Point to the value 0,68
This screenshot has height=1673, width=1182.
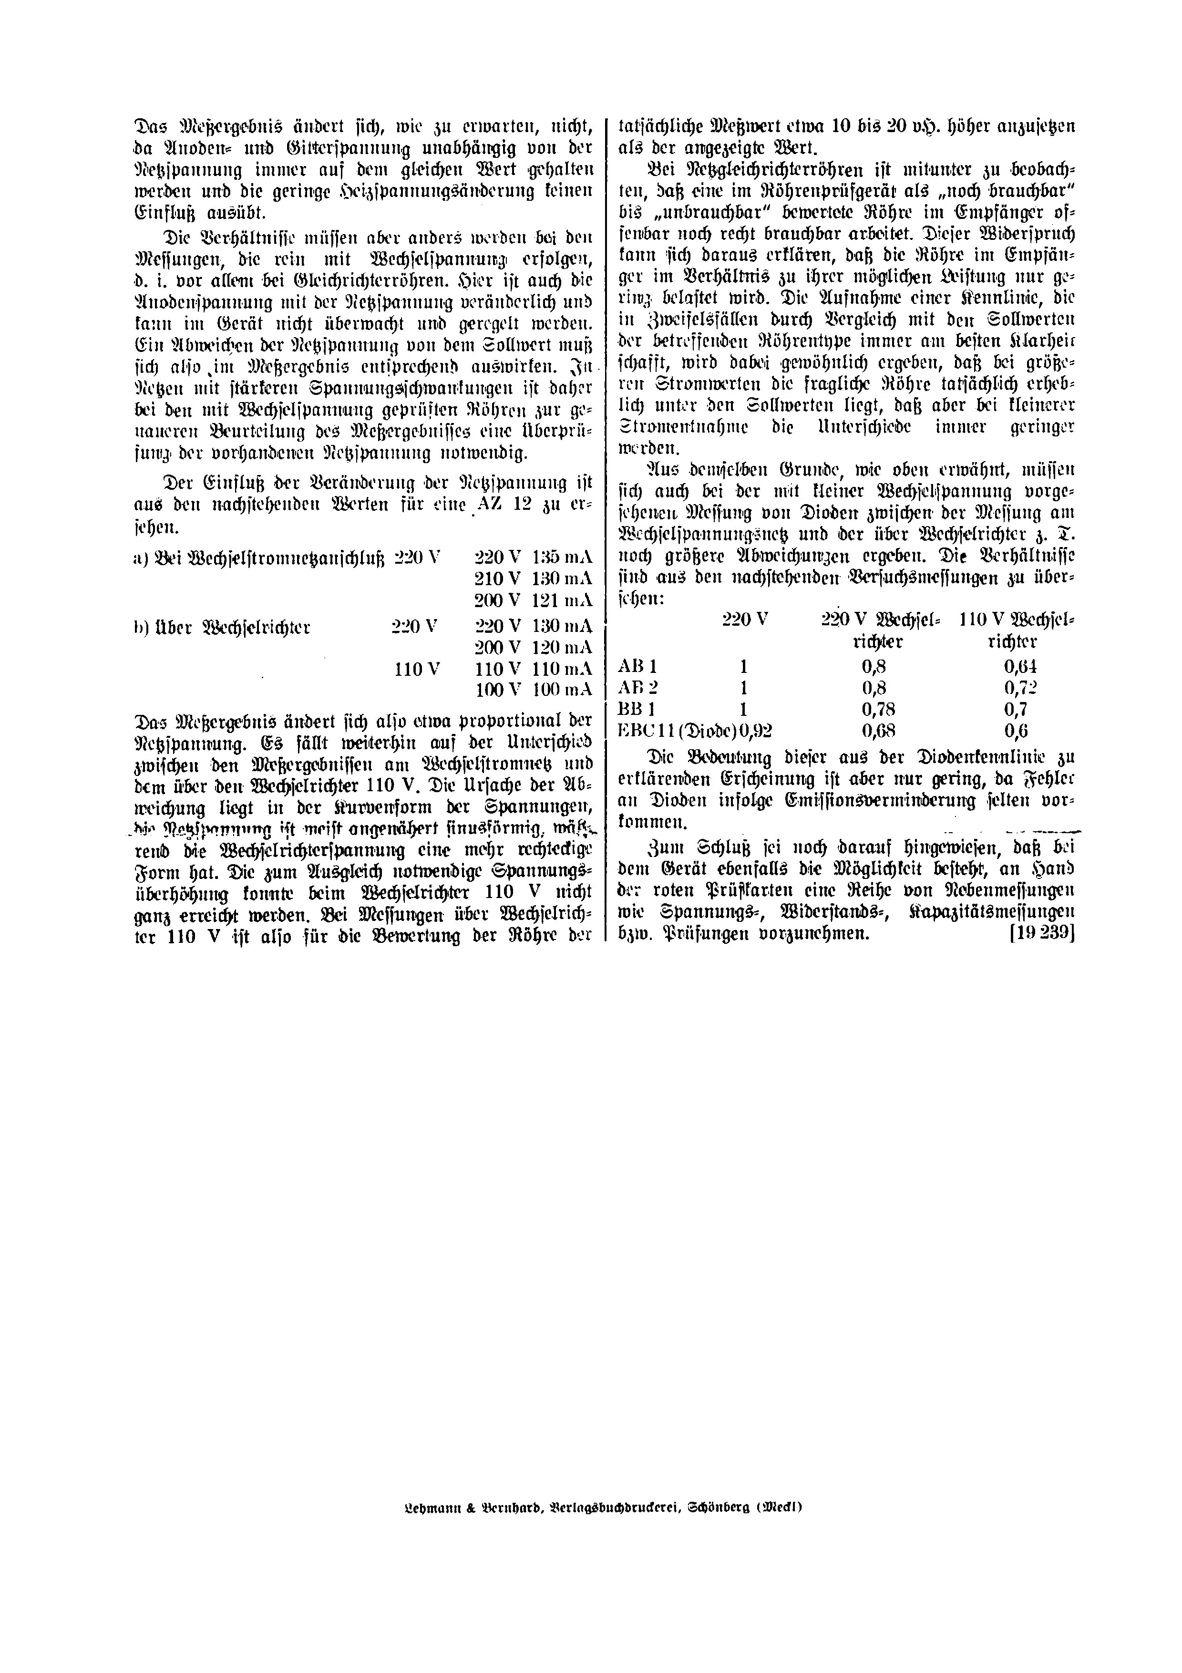click(x=878, y=731)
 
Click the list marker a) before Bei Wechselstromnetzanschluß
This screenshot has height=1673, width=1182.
click(x=141, y=558)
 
